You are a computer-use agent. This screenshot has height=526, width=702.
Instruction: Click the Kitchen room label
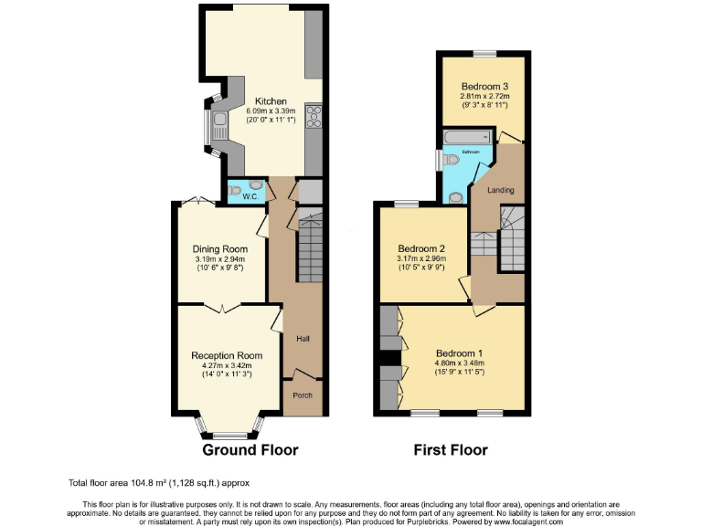[x=271, y=101]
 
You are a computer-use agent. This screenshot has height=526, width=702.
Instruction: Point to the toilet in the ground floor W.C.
[x=237, y=191]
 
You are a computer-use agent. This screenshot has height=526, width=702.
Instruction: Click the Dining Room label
[x=219, y=248]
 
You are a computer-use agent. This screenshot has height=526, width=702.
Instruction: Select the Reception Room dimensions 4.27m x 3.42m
[x=227, y=365]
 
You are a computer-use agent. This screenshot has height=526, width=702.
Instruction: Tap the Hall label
[x=303, y=339]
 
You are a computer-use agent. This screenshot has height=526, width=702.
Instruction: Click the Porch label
[x=302, y=395]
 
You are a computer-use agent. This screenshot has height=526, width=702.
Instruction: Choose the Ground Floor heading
[x=250, y=450]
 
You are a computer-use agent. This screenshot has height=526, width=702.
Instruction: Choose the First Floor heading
[x=451, y=450]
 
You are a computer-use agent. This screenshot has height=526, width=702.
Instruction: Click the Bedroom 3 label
[x=484, y=86]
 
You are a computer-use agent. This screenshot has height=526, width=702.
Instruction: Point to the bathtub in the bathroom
[x=465, y=138]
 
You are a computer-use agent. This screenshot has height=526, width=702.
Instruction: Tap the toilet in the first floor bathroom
[x=453, y=160]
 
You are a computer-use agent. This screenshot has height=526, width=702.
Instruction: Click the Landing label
[x=501, y=191]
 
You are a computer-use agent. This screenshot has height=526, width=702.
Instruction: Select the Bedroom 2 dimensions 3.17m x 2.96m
[x=421, y=258]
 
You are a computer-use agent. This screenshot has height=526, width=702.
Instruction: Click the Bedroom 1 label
[x=459, y=353]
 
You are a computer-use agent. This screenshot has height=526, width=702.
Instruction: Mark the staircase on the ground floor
[x=311, y=241]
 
